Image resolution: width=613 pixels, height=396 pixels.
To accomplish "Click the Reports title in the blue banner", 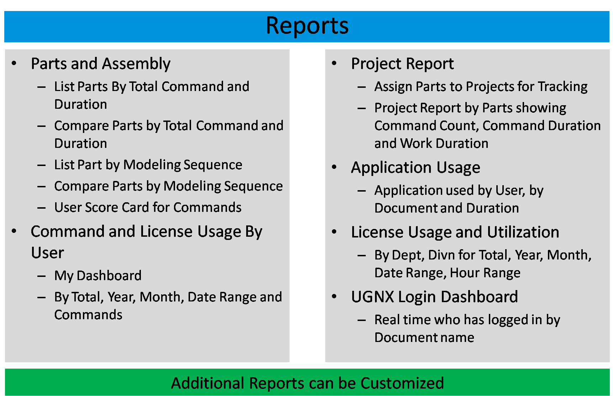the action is pyautogui.click(x=307, y=26).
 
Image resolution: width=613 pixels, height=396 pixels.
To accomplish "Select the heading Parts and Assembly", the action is pyautogui.click(x=101, y=64).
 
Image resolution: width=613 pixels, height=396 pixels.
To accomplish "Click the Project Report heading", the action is pyautogui.click(x=402, y=64).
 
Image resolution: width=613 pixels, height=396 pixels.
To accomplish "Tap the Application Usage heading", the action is pyautogui.click(x=416, y=168).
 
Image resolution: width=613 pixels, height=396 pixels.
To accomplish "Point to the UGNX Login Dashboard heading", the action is pyautogui.click(x=434, y=297).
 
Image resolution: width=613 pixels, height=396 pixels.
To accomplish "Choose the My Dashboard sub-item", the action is pyautogui.click(x=98, y=276).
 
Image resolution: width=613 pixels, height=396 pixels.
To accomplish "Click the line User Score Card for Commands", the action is pyautogui.click(x=148, y=207).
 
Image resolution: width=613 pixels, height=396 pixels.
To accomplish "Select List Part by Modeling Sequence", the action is pyautogui.click(x=148, y=165).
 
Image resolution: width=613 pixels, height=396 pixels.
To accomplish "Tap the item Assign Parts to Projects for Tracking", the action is pyautogui.click(x=481, y=87).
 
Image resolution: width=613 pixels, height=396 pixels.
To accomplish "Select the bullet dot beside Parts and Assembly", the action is pyautogui.click(x=14, y=64).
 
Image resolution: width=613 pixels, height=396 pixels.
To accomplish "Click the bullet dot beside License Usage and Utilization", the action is pyautogui.click(x=334, y=232).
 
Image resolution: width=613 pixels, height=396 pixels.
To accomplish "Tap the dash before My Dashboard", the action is pyautogui.click(x=41, y=276).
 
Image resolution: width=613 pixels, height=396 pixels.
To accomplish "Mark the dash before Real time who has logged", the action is pyautogui.click(x=361, y=320).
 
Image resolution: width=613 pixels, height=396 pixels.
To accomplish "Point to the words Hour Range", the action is pyautogui.click(x=485, y=273).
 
